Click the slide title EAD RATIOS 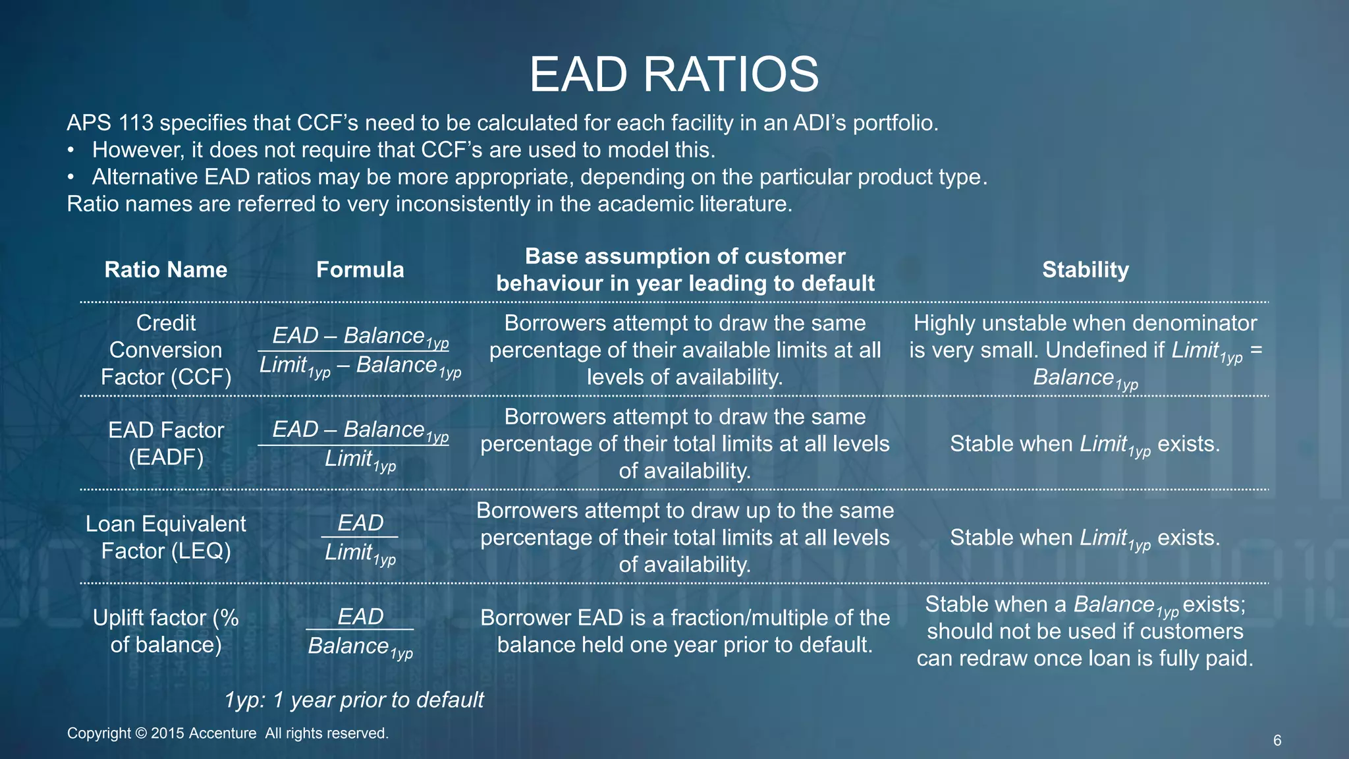coord(674,74)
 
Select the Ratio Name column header coord(166,269)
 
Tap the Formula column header coord(360,269)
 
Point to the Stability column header coord(1085,269)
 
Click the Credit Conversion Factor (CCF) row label coord(166,350)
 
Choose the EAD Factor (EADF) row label coord(166,443)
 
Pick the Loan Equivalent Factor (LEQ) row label coord(166,537)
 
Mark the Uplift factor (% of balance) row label coord(166,631)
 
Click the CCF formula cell coord(360,351)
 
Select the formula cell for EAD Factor coord(360,444)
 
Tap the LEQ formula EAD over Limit coord(360,538)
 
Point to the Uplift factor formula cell coord(360,631)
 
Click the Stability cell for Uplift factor coord(1085,631)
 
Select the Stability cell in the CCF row coord(1085,350)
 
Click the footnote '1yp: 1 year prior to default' coord(354,700)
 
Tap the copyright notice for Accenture coord(228,733)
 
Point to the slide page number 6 coord(1277,741)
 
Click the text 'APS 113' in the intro coord(110,123)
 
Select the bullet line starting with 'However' coord(403,150)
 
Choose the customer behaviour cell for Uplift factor coord(685,631)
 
